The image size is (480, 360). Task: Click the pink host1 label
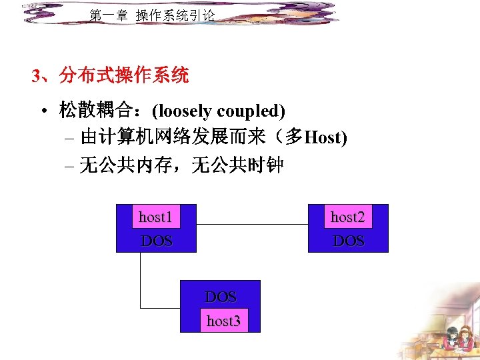[x=155, y=217]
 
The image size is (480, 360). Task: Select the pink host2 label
[x=347, y=217]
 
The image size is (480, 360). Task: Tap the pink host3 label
[x=223, y=321]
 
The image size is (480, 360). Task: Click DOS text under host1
[x=157, y=241]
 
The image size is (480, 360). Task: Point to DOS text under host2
[x=349, y=241]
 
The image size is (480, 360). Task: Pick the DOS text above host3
[x=221, y=297]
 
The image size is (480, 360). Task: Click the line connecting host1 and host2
[x=252, y=225]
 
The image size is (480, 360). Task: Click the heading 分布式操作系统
[x=124, y=76]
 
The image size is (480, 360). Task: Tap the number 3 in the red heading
[x=36, y=76]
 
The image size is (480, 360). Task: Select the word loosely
[x=185, y=111]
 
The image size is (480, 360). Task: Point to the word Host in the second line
[x=323, y=138]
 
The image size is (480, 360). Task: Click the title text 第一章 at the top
[x=108, y=15]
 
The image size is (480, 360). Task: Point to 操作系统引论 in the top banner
[x=175, y=15]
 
